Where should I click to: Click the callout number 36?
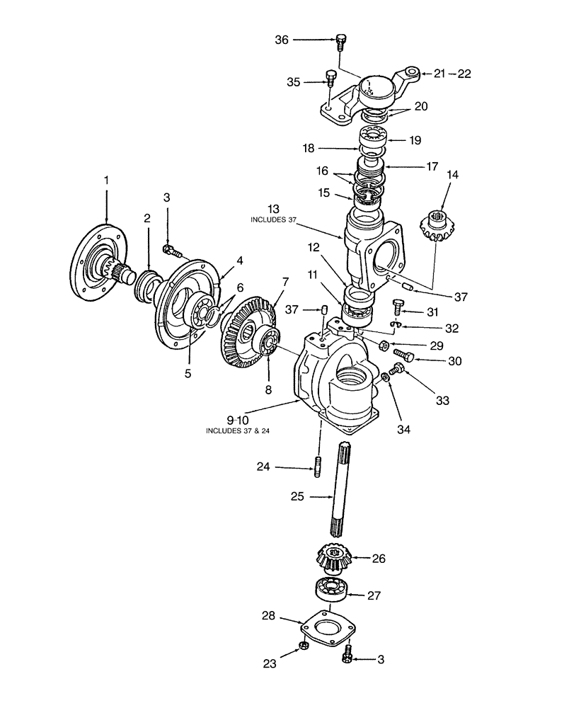(282, 41)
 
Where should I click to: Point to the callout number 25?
(297, 497)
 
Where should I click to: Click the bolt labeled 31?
(398, 307)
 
